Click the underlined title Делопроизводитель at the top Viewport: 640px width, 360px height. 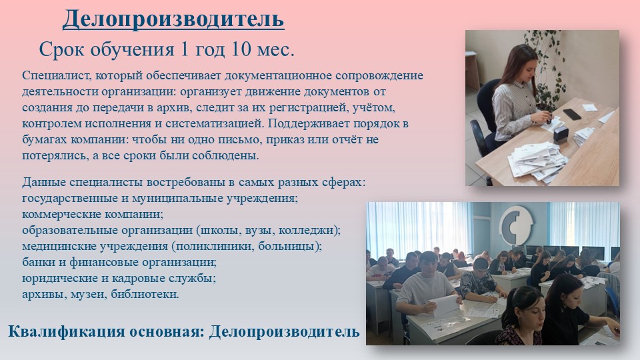173,19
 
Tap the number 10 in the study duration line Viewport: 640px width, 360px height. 241,49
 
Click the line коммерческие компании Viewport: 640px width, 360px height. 93,214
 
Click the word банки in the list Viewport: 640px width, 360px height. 39,262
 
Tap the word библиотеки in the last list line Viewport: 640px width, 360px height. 145,294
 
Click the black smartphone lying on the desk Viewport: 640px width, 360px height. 571,113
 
